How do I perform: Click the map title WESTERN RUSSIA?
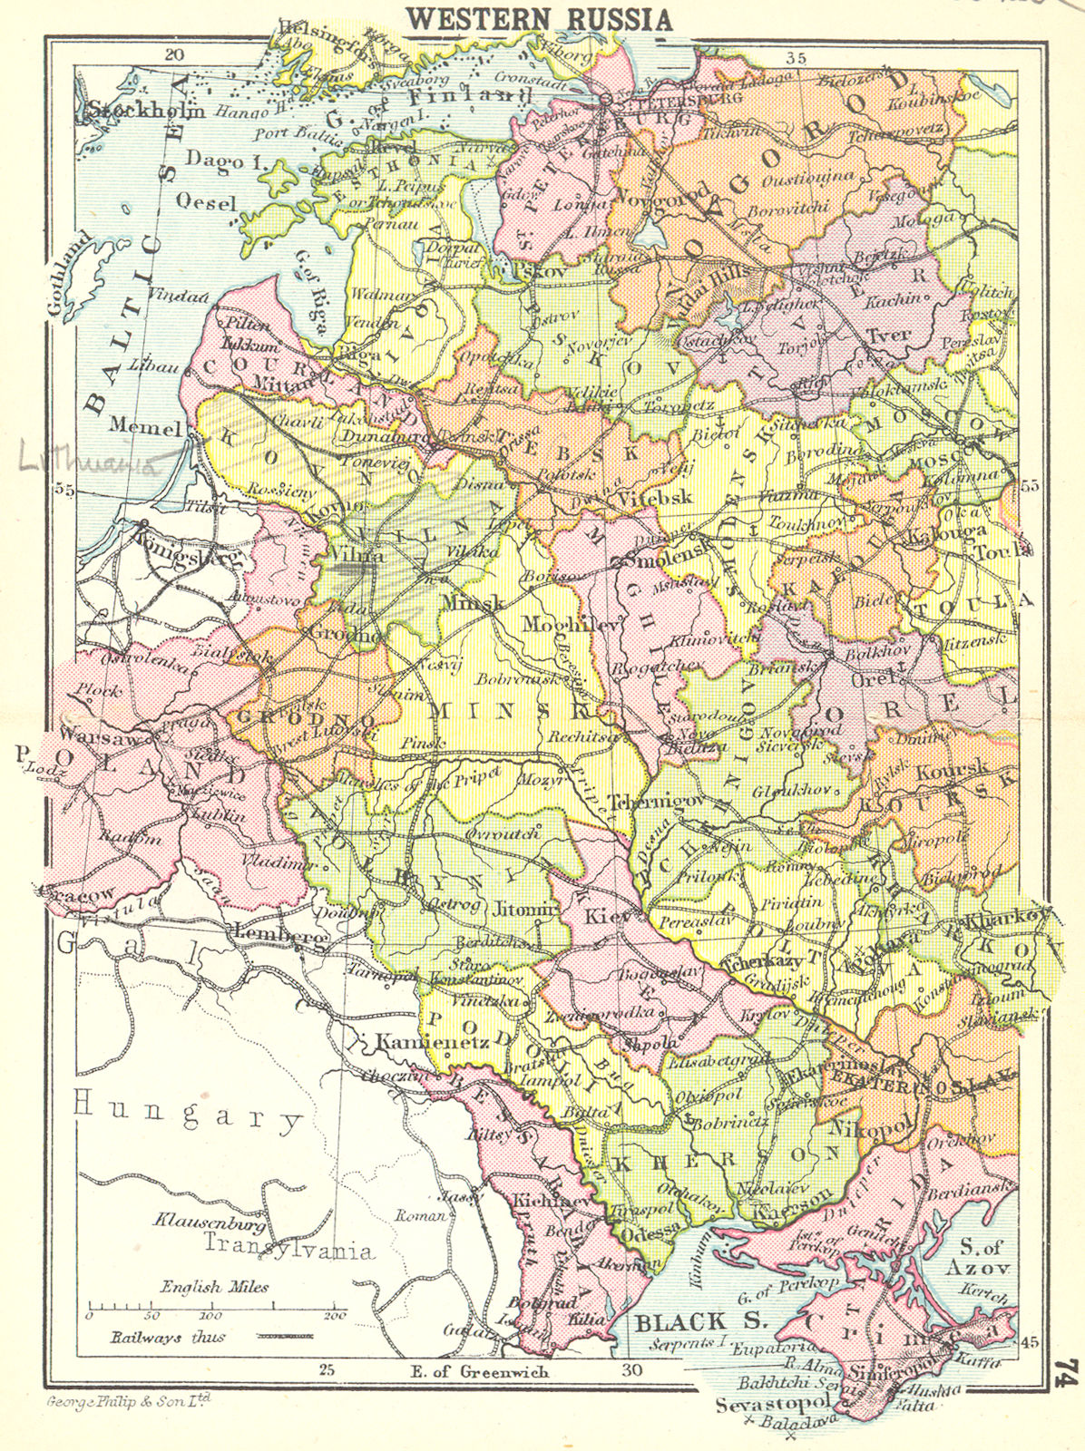click(x=539, y=18)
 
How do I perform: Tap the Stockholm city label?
click(x=148, y=110)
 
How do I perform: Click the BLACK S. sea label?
click(x=682, y=1321)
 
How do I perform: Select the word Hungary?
click(x=188, y=1113)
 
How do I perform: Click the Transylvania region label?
click(x=288, y=1250)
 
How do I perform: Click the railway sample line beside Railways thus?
click(x=285, y=1337)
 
